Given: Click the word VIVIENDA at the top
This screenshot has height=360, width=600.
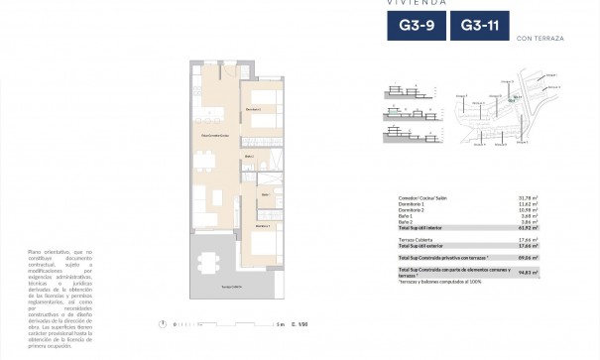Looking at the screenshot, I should pos(412,2).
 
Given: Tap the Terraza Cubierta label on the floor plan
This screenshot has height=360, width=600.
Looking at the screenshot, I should pos(230,285).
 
